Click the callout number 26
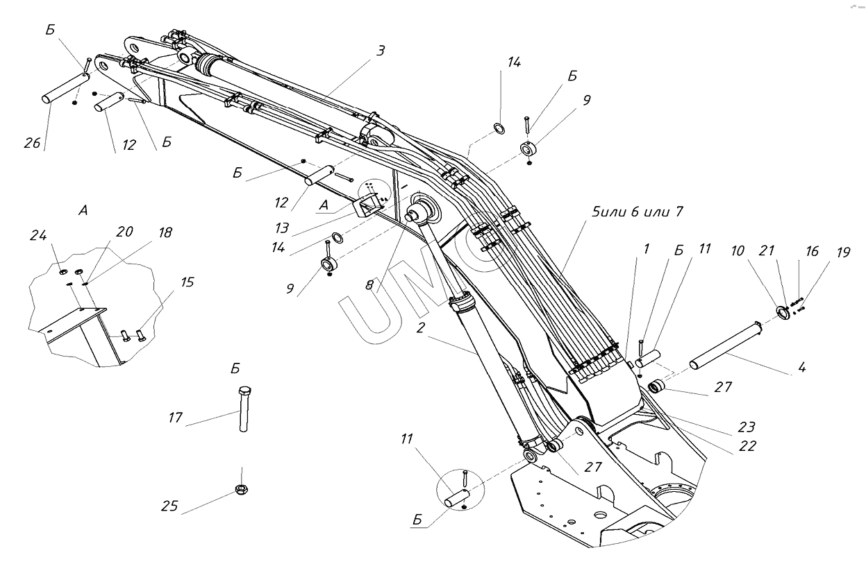point(32,144)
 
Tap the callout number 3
point(381,51)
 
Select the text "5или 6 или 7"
point(638,212)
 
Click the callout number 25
point(169,506)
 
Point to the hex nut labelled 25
point(242,490)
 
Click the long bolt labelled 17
point(244,409)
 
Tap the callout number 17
point(175,418)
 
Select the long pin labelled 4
point(726,345)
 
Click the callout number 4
point(802,367)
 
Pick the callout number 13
point(282,228)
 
